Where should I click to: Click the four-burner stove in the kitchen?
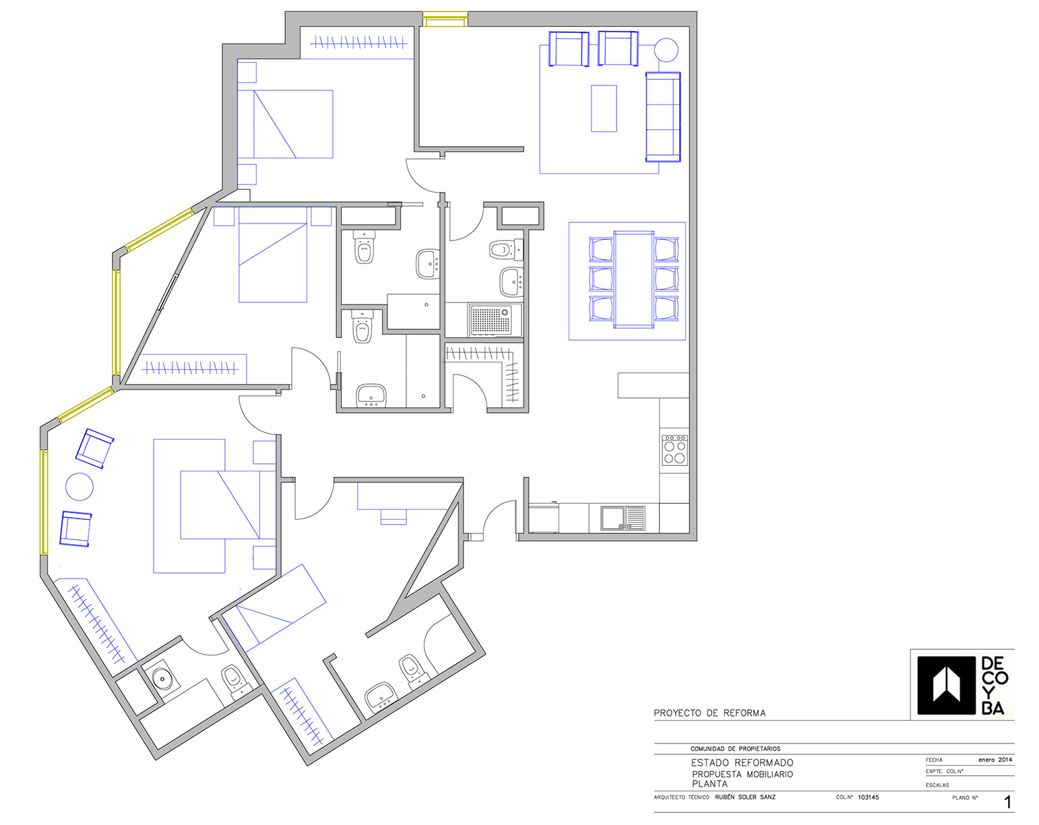[674, 450]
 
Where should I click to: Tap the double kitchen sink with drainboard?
[623, 518]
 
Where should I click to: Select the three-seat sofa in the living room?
[663, 117]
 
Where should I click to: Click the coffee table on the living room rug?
[604, 108]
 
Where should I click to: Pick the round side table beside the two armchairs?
[666, 51]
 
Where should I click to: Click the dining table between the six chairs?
[634, 279]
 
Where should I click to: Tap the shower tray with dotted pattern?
[495, 320]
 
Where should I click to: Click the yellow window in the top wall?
[445, 19]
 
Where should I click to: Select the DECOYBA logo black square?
[946, 685]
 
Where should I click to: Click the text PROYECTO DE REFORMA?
[710, 713]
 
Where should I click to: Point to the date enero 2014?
[995, 760]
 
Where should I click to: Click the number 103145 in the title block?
[868, 797]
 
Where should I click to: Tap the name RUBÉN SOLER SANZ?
[745, 797]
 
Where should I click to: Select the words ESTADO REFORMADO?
[742, 763]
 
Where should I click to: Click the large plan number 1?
[1007, 802]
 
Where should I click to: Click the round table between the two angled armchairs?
[80, 487]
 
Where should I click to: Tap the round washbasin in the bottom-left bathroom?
[162, 678]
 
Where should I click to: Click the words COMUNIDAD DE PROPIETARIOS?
[735, 749]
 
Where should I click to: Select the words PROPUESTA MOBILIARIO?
[743, 774]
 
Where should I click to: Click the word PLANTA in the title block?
[710, 784]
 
